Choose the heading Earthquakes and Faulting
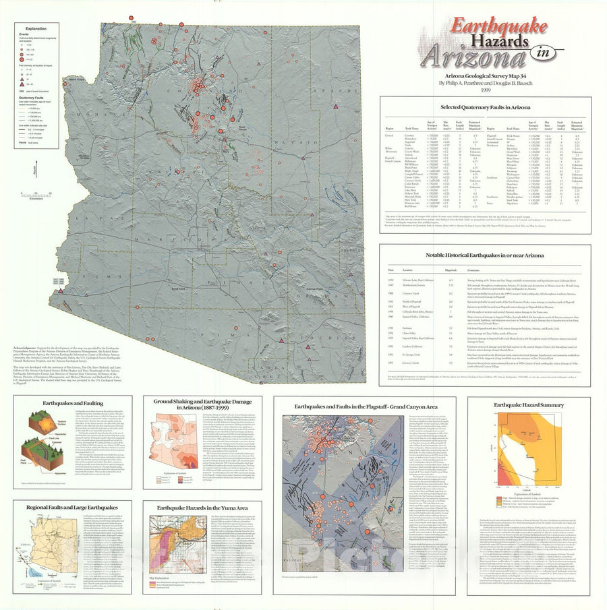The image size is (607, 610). pos(53,402)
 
